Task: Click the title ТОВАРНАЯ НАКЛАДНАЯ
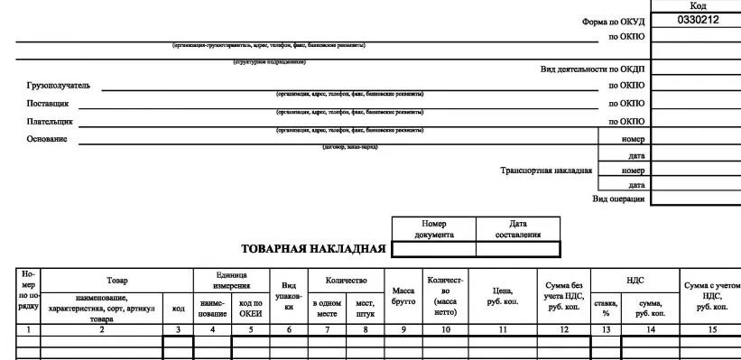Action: point(314,249)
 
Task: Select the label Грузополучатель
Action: point(59,86)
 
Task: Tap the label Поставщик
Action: point(48,104)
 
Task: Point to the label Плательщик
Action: point(51,121)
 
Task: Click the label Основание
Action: point(47,139)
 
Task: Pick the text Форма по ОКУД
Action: point(613,21)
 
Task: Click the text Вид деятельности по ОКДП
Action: point(592,69)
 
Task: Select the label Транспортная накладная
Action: point(546,171)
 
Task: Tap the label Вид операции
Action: point(618,198)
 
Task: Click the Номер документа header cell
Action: point(434,229)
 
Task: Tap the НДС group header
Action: point(635,281)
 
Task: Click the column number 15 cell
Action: point(711,330)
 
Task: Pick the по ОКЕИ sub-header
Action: point(251,309)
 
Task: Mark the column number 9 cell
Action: point(403,330)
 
